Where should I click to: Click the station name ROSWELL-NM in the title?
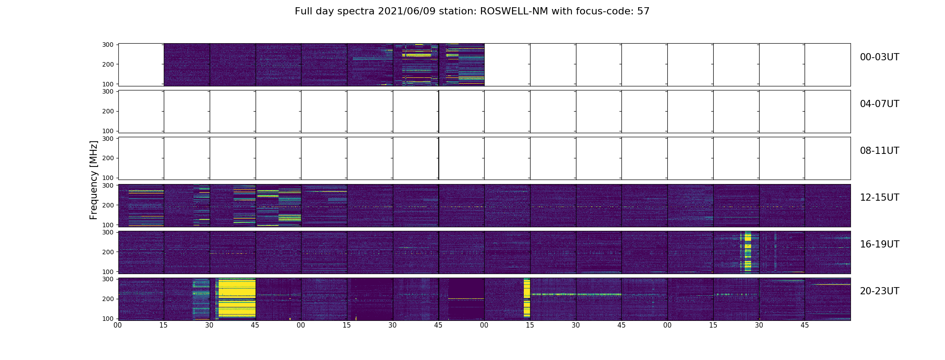coord(514,11)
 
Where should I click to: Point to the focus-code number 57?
coord(643,11)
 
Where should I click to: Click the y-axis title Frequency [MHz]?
coord(94,180)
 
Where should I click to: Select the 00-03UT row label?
coord(879,57)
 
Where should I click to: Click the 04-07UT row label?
coord(879,104)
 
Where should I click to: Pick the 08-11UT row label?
coord(879,151)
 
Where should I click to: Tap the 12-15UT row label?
coord(879,198)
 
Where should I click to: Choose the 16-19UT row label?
coord(879,244)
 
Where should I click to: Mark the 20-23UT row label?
coord(879,291)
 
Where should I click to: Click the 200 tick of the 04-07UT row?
coord(109,111)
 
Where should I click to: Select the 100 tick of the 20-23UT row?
coord(109,319)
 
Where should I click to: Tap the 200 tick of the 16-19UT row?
coord(109,252)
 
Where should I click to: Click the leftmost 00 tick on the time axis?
coord(118,325)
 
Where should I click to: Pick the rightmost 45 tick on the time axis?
coord(805,325)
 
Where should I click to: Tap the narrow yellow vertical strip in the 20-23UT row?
coord(526,298)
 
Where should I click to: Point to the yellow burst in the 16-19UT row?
coord(748,251)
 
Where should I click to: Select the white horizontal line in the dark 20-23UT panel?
coord(465,299)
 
